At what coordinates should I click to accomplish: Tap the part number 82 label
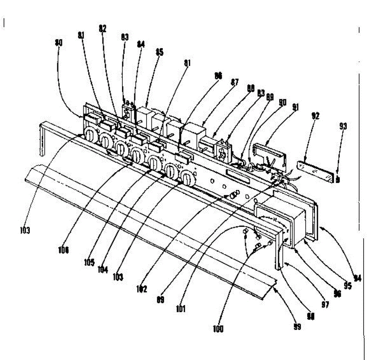102,29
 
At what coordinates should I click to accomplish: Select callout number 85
159,52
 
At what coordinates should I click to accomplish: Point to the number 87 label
234,82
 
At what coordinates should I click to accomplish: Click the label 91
295,107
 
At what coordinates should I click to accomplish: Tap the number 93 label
343,126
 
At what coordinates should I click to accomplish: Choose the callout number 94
357,277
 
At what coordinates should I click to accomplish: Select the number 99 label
297,326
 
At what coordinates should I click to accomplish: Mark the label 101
181,309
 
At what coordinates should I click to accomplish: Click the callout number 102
141,289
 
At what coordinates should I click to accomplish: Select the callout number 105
89,262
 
